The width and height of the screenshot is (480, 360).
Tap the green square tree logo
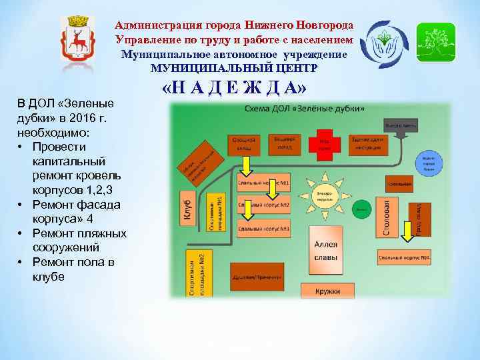click(435, 42)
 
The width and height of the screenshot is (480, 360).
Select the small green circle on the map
click(361, 208)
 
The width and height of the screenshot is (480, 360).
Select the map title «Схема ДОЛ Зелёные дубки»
click(303, 108)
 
